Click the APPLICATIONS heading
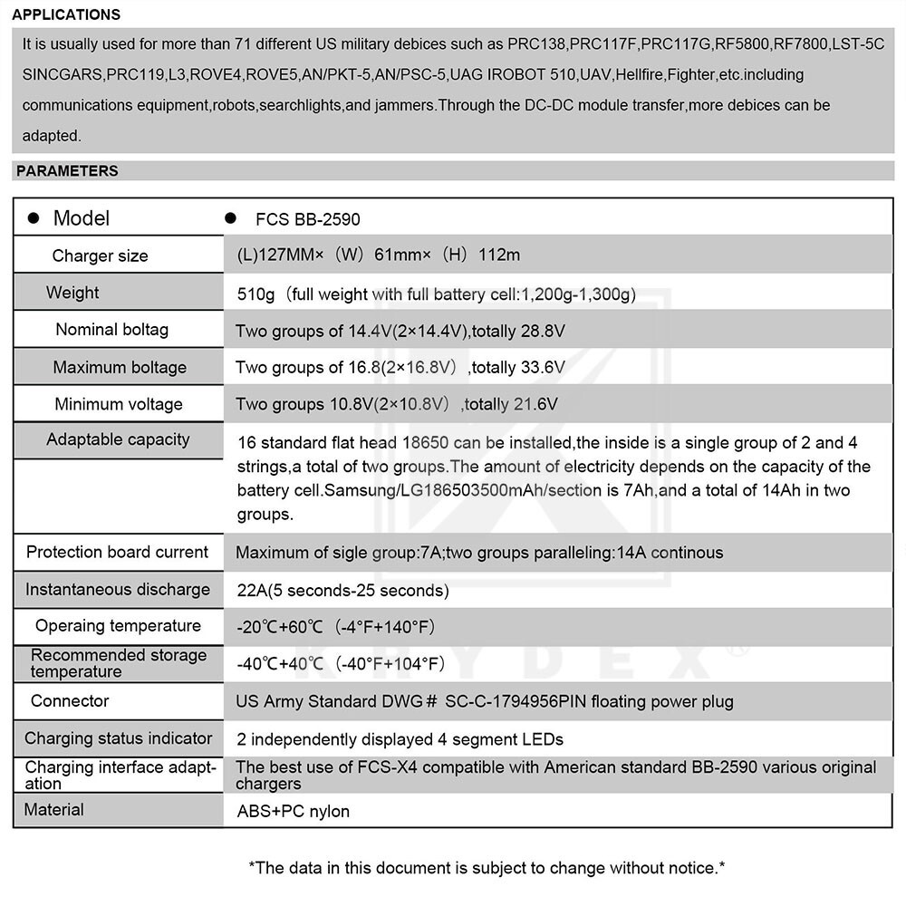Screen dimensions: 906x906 [x=66, y=14]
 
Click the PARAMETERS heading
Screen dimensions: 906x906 [x=67, y=170]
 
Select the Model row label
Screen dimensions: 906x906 [x=82, y=218]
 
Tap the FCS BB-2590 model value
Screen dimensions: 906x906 [x=307, y=219]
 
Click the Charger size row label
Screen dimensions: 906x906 [x=100, y=255]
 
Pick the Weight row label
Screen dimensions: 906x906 [x=72, y=293]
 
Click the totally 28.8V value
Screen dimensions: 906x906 [x=519, y=331]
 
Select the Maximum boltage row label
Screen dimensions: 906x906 [x=120, y=367]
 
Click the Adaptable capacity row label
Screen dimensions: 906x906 [x=118, y=439]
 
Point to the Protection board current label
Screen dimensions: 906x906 [x=117, y=552]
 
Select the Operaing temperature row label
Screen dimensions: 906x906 [x=118, y=626]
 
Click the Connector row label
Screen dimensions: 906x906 [x=70, y=700]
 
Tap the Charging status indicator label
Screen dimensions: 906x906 [x=118, y=738]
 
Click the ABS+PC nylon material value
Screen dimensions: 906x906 [x=293, y=811]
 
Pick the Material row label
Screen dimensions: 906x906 [x=53, y=809]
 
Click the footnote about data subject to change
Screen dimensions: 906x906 [x=487, y=868]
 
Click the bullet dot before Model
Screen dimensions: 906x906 [x=34, y=218]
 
